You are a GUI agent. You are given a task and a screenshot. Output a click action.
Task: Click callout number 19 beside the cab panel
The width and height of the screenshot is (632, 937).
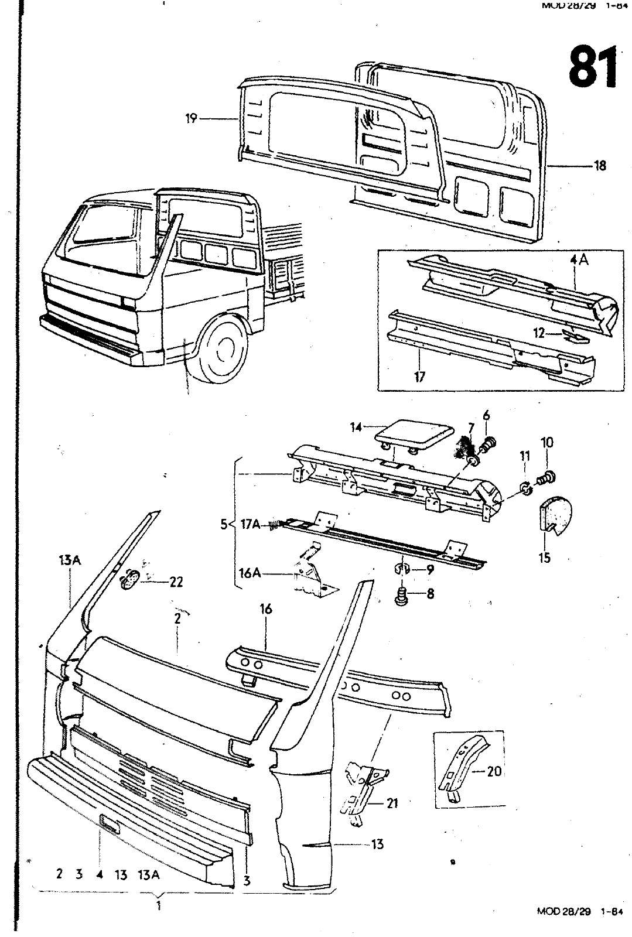tap(191, 119)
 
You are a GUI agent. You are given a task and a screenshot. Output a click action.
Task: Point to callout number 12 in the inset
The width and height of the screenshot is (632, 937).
tap(539, 333)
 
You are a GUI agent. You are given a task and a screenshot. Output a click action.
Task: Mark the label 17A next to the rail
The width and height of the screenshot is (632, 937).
tap(250, 525)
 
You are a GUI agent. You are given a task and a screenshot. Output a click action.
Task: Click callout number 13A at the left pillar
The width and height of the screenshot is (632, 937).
tap(69, 560)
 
